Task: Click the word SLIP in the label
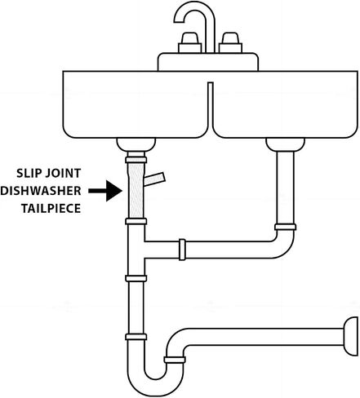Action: [29, 173]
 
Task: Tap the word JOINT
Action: [63, 173]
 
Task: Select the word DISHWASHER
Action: [41, 191]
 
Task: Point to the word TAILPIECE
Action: [51, 209]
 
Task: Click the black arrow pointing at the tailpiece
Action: [105, 191]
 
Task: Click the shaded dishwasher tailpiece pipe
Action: [136, 190]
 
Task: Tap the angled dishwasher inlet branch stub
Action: [154, 179]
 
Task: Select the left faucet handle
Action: [190, 42]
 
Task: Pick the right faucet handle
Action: [230, 42]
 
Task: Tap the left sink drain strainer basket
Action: [136, 144]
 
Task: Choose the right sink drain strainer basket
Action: [285, 144]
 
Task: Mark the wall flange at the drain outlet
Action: [351, 336]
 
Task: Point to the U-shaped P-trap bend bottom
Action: [155, 386]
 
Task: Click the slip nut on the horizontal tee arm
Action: [182, 250]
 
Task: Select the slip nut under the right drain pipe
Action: [285, 227]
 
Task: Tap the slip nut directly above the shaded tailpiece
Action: [136, 160]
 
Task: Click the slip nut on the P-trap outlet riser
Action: [175, 360]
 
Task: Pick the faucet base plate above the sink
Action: [208, 62]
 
